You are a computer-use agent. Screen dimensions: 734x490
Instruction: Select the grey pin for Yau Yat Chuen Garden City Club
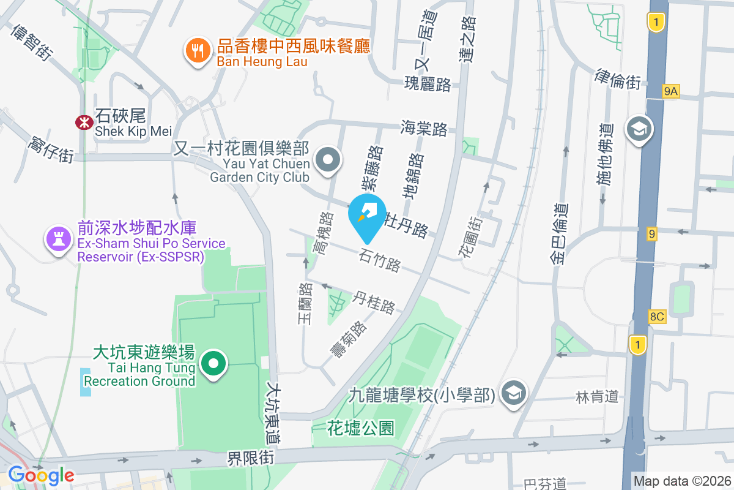tap(328, 160)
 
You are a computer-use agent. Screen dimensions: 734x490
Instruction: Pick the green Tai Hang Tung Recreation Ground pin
tap(213, 364)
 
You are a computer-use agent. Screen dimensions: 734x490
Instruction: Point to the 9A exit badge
tap(671, 92)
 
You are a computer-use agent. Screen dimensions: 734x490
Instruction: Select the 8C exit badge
tap(657, 317)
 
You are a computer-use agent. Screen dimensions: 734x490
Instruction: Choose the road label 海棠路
tap(424, 129)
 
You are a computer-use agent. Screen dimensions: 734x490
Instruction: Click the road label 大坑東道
tap(273, 413)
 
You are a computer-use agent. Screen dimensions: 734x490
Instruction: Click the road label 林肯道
tap(597, 397)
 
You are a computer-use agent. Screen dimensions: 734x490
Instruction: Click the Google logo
tap(40, 475)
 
